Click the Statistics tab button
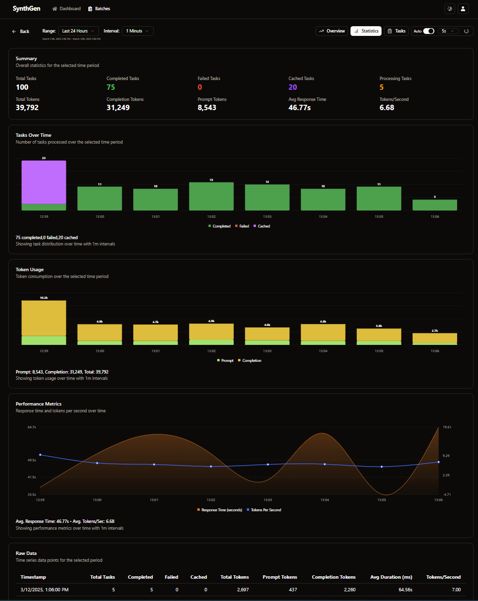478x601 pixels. [x=366, y=31]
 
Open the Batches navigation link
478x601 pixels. [x=99, y=9]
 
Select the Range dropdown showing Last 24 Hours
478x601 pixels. [x=78, y=31]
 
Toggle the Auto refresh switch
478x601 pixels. [x=429, y=31]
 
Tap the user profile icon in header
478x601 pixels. [x=463, y=9]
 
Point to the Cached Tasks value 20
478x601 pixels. [x=293, y=87]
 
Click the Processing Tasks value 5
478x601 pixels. [x=382, y=87]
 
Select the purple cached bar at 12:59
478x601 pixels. [x=44, y=182]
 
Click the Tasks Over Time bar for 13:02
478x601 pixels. [x=211, y=196]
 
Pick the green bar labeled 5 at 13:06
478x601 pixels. [x=435, y=205]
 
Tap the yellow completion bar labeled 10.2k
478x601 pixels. [x=44, y=318]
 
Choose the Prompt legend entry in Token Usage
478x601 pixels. [x=225, y=360]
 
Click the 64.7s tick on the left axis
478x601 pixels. [x=32, y=427]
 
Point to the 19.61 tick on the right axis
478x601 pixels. [x=447, y=427]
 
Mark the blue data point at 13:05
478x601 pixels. [x=382, y=467]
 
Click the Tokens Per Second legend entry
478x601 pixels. [x=264, y=510]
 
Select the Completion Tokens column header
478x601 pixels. [x=334, y=577]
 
